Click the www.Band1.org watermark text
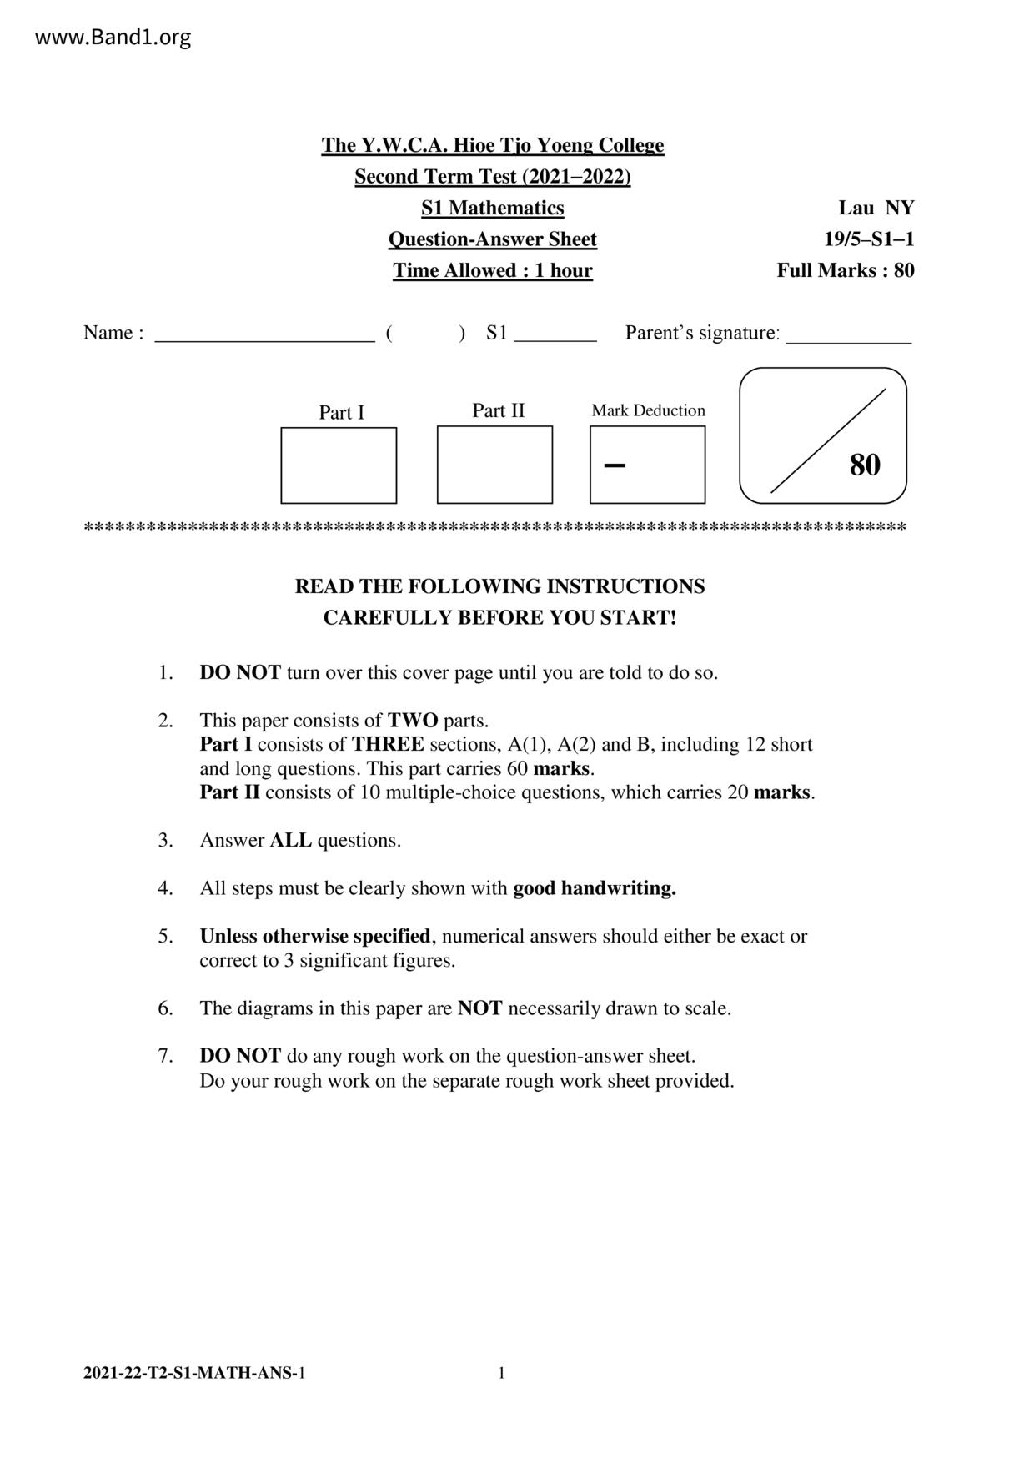(113, 38)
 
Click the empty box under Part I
(339, 465)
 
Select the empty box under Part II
(494, 465)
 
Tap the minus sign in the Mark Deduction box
(615, 465)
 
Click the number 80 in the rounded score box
(865, 465)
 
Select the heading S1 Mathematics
(492, 208)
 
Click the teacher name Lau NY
(876, 208)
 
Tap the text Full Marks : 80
(846, 270)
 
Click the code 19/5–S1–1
(869, 239)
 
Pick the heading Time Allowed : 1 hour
(492, 270)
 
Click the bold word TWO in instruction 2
(413, 720)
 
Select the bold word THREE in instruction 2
(388, 744)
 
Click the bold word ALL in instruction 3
(290, 840)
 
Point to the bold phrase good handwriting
(594, 888)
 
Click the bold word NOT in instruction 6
(479, 1008)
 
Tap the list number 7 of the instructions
(165, 1056)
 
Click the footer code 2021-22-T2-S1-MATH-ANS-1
(194, 1373)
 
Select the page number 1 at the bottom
(501, 1373)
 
